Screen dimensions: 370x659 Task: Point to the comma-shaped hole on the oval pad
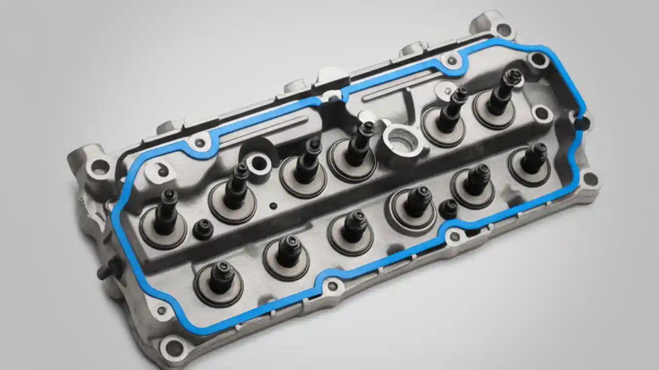tap(161, 170)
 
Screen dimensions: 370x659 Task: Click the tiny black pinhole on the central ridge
tap(273, 206)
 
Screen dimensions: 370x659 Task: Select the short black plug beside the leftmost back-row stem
tap(202, 229)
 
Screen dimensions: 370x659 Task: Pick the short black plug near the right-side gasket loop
tap(448, 208)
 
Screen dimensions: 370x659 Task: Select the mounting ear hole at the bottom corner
tap(175, 348)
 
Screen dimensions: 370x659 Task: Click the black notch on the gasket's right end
tap(582, 123)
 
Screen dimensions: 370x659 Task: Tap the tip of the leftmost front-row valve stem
tap(222, 268)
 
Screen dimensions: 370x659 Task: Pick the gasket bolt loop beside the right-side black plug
tap(455, 236)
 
